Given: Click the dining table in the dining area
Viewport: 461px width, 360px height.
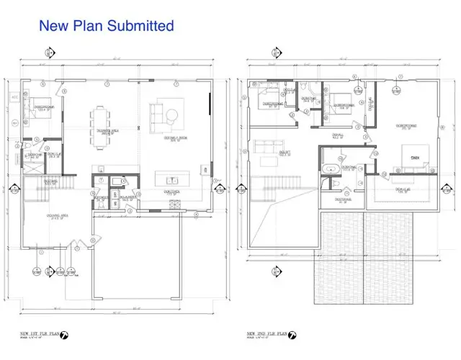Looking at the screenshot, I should [99, 122].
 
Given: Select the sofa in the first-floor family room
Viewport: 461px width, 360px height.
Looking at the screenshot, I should [157, 115].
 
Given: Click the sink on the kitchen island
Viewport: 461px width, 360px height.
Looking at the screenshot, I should [170, 180].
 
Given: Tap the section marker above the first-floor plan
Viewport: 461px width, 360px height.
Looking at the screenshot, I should [50, 53].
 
